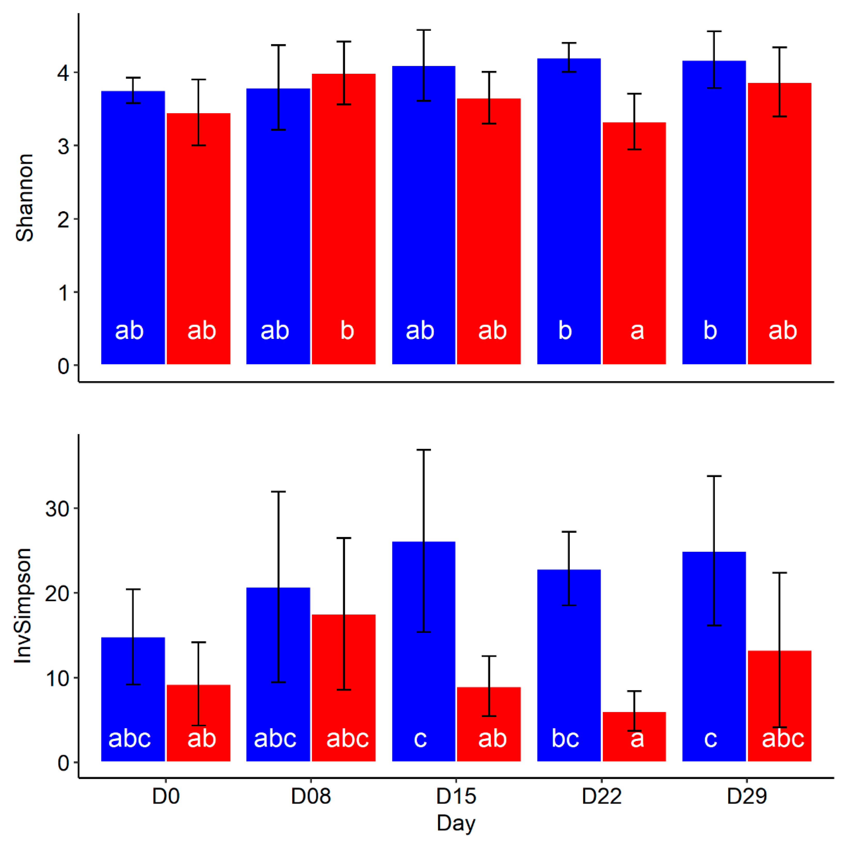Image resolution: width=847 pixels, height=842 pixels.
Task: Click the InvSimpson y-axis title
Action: (23, 605)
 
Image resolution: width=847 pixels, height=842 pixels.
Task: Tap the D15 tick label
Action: (456, 795)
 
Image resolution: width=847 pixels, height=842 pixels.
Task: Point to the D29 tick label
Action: (747, 795)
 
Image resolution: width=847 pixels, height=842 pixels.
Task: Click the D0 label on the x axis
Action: (166, 795)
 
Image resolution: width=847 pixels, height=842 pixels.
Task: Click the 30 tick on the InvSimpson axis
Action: (57, 509)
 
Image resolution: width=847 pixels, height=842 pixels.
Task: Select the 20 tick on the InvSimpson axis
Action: (57, 594)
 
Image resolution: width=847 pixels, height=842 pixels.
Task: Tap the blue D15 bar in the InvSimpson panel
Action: (424, 636)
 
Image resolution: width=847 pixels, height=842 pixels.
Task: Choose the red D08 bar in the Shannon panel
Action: (344, 211)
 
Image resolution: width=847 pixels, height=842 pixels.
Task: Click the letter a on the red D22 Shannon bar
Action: (637, 331)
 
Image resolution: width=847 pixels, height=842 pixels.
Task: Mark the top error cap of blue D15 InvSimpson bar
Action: (424, 450)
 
